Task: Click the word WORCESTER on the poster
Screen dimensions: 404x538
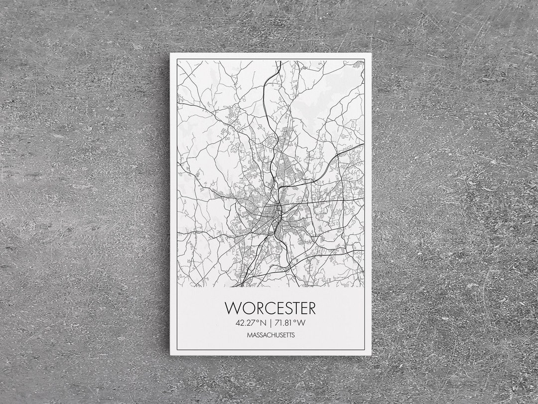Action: pos(270,307)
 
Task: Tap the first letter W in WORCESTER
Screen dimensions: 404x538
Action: pos(233,307)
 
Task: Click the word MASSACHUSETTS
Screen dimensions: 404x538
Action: pos(270,335)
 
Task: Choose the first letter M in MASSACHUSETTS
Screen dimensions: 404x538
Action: pos(249,335)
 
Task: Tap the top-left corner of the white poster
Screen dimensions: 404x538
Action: pos(170,53)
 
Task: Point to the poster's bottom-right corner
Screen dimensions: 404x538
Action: pos(371,355)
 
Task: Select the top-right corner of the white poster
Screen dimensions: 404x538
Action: pos(371,53)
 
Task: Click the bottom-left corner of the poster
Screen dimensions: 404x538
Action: pos(170,355)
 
